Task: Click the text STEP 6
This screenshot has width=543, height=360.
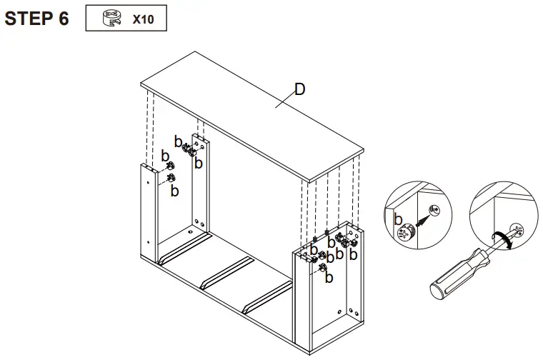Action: click(36, 19)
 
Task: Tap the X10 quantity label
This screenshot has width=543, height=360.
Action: click(143, 19)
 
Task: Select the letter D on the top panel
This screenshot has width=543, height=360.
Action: click(300, 89)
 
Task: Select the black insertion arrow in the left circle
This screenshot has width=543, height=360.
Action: click(424, 221)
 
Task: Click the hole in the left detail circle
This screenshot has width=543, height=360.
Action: click(436, 211)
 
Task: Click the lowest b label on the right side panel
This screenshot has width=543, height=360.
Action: click(329, 278)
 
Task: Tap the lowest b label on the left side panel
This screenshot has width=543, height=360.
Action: click(174, 191)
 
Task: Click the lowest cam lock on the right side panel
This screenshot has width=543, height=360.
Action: click(322, 267)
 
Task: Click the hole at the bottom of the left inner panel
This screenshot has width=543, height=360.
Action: click(190, 231)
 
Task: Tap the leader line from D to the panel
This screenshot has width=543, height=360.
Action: click(286, 100)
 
